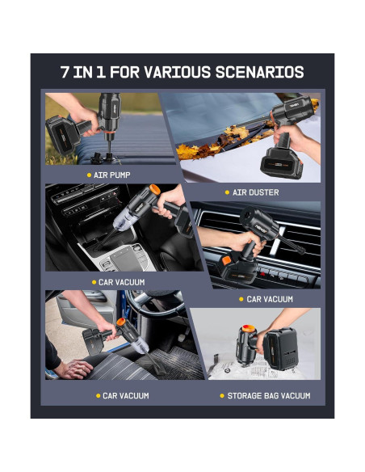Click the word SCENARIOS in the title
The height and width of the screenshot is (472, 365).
point(259,72)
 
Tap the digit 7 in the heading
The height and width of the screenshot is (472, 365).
point(65,72)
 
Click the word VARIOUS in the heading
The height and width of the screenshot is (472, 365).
point(178,72)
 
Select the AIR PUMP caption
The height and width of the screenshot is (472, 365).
point(112,175)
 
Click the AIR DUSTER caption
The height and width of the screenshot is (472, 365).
point(255,192)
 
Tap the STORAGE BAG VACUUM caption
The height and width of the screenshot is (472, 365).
point(269,396)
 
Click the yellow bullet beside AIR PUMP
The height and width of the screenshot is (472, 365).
point(89,175)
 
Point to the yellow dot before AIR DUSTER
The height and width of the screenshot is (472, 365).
point(227,192)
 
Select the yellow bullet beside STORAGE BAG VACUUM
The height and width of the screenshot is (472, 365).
point(222,396)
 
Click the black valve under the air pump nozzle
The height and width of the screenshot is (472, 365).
point(103,158)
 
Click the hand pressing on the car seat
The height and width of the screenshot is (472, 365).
point(74,369)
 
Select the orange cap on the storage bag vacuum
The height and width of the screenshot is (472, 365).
point(249,328)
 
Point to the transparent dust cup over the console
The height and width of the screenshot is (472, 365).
point(126,219)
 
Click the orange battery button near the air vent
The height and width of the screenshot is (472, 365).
point(226,260)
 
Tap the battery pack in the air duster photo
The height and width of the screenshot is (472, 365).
point(281,163)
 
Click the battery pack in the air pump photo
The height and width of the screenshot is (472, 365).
point(62,135)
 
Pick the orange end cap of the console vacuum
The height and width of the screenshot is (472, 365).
point(155,190)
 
